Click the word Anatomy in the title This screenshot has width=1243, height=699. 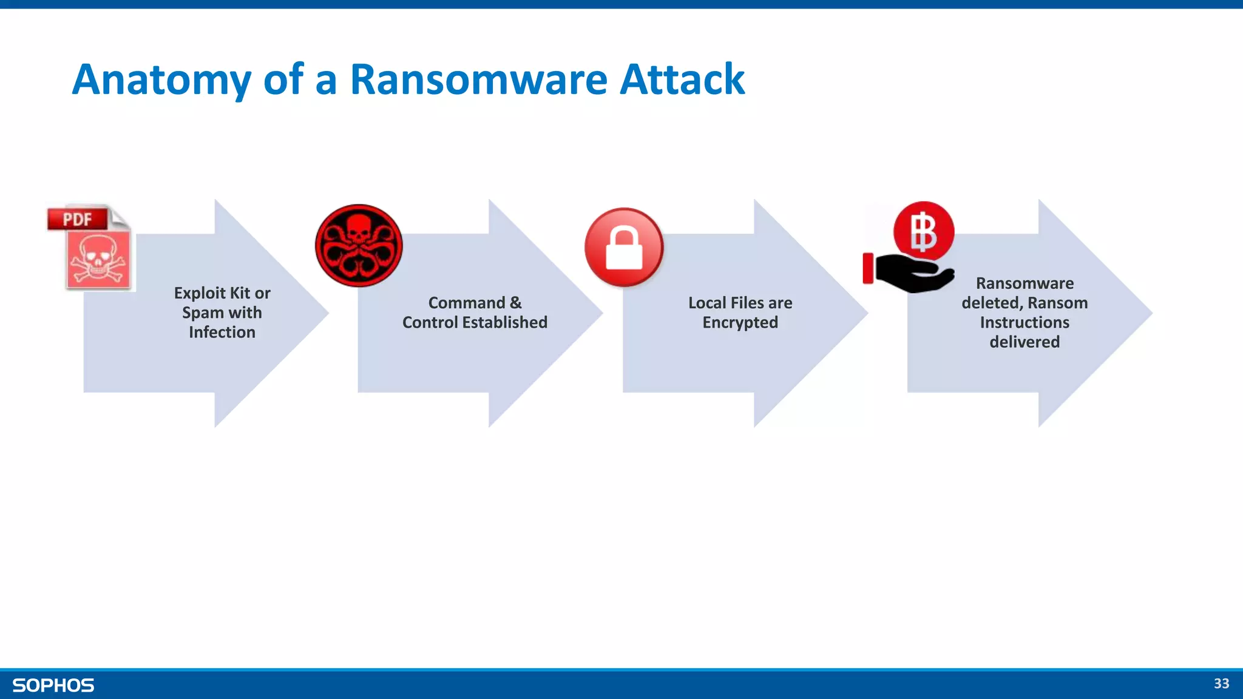[161, 80]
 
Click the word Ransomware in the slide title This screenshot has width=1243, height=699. [478, 80]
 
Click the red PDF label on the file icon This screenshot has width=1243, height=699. [78, 219]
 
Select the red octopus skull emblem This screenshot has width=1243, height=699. [359, 245]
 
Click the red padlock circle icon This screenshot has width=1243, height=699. [624, 247]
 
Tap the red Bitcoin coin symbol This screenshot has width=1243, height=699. [923, 232]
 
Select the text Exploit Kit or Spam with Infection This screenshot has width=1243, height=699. [222, 312]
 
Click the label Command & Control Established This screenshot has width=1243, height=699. [475, 312]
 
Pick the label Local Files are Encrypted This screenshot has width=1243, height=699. [740, 312]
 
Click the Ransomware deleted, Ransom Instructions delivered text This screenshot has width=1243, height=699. [1025, 312]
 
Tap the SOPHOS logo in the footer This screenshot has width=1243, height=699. [53, 686]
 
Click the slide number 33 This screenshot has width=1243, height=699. [1221, 684]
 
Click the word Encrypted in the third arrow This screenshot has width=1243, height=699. [740, 323]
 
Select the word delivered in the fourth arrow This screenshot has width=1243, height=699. [1025, 342]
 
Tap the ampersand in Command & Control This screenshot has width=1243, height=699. [515, 303]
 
